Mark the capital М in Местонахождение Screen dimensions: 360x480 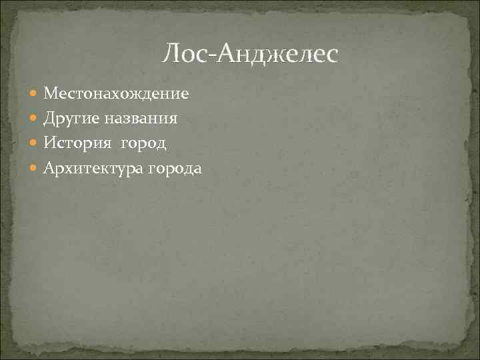coord(51,94)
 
